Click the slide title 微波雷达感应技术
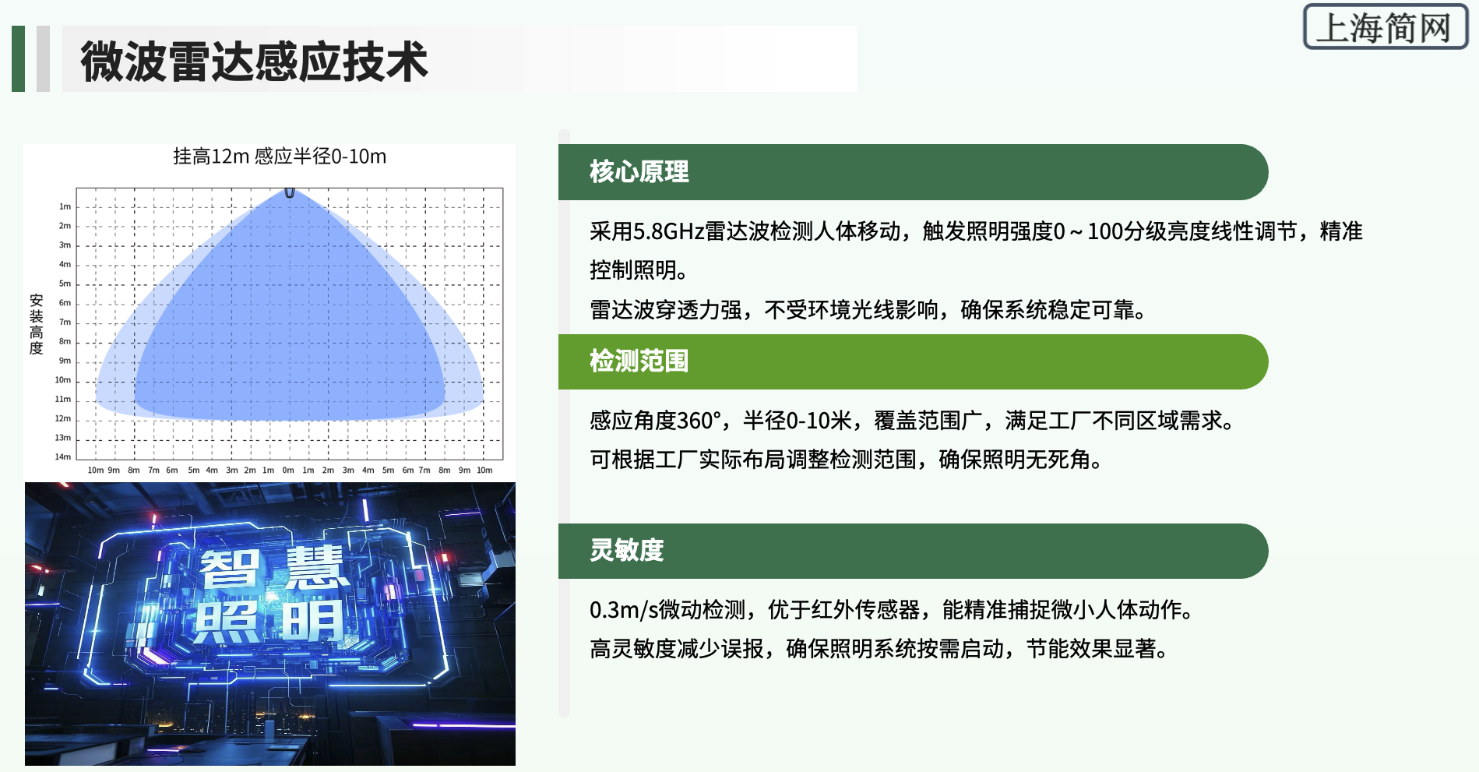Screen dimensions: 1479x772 [x=254, y=62]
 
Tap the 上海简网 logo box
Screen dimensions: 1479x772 [x=1385, y=27]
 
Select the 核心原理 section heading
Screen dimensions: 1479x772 [x=639, y=172]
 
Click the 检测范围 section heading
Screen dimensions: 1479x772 [x=639, y=361]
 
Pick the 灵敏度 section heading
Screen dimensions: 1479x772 [x=627, y=551]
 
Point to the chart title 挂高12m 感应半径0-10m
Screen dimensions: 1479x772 [x=280, y=157]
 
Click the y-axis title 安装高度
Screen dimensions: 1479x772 [x=36, y=324]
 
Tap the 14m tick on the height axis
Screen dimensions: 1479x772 [x=63, y=457]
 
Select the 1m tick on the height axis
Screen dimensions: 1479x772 [x=65, y=206]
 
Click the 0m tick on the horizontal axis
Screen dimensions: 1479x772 [x=288, y=470]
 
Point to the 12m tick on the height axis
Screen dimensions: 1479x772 [x=63, y=418]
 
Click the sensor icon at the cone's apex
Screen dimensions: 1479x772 [x=290, y=192]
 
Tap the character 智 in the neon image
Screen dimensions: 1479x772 [x=230, y=569]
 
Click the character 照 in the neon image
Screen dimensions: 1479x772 [x=227, y=622]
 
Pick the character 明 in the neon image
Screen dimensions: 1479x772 [x=312, y=621]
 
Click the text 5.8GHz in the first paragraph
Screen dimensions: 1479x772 [x=669, y=231]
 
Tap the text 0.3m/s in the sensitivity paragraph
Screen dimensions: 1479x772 [x=624, y=610]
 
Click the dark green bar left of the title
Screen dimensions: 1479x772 [x=19, y=59]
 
